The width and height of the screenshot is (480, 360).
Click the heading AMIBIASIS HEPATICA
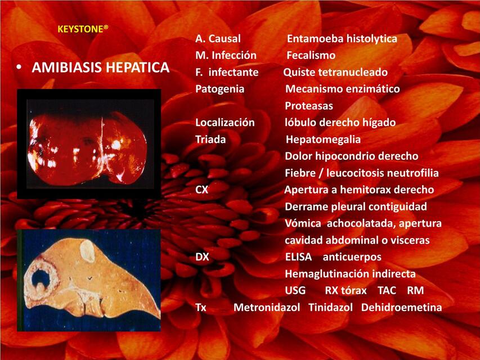point(101,68)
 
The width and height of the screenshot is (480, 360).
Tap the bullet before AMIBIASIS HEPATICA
point(19,68)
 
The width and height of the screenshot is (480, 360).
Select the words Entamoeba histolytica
point(342,39)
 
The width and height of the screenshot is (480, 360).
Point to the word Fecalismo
point(311,56)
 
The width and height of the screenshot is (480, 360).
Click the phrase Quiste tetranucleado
point(335,73)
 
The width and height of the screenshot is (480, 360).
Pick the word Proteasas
point(309,106)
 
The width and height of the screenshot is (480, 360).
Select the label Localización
point(225,123)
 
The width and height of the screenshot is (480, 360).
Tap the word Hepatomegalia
point(323,139)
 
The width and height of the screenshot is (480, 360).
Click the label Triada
point(210,139)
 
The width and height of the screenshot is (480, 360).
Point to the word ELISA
point(298,257)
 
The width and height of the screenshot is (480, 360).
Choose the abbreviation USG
point(295,291)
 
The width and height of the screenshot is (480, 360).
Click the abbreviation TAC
point(387,291)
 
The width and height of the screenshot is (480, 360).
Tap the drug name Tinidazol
point(330,308)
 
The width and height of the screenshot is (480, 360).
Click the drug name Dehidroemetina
point(401,308)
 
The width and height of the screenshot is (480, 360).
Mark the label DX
point(202,257)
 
